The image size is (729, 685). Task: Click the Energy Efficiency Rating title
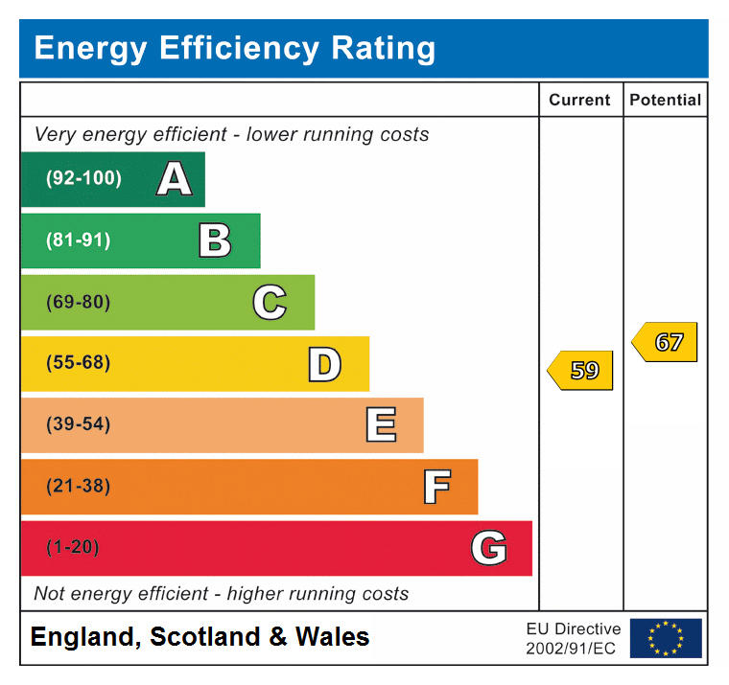pyautogui.click(x=234, y=48)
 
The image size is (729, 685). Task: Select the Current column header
pyautogui.click(x=579, y=100)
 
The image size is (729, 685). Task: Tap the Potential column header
pyautogui.click(x=665, y=100)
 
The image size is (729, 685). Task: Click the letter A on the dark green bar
pyautogui.click(x=174, y=179)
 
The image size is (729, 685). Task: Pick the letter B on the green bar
pyautogui.click(x=215, y=240)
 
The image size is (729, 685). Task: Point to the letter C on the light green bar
pyautogui.click(x=270, y=303)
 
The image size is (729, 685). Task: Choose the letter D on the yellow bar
pyautogui.click(x=324, y=364)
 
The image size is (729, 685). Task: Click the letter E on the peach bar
pyautogui.click(x=381, y=424)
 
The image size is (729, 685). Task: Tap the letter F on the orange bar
pyautogui.click(x=436, y=487)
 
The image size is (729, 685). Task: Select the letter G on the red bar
pyautogui.click(x=488, y=548)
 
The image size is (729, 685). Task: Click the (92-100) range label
pyautogui.click(x=83, y=179)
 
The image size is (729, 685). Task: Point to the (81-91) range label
pyautogui.click(x=78, y=240)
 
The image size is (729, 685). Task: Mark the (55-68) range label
pyautogui.click(x=78, y=363)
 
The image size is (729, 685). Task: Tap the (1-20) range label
pyautogui.click(x=73, y=548)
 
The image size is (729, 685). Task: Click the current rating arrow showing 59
pyautogui.click(x=580, y=370)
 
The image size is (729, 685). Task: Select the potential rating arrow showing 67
pyautogui.click(x=665, y=342)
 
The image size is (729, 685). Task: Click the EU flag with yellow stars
pyautogui.click(x=666, y=638)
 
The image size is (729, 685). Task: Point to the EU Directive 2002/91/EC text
pyautogui.click(x=573, y=638)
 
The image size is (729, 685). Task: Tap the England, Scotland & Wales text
pyautogui.click(x=200, y=637)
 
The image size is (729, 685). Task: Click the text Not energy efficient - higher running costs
pyautogui.click(x=221, y=594)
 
